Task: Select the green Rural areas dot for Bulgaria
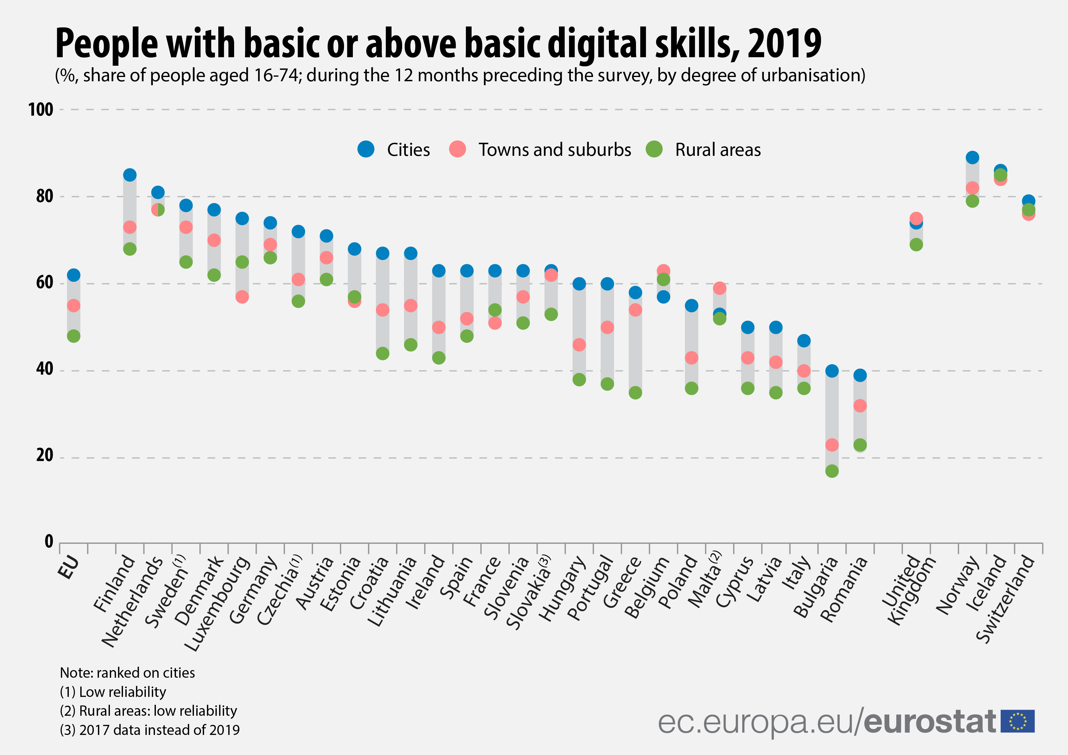[832, 471]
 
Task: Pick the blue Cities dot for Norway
[972, 158]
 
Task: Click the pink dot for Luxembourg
[242, 297]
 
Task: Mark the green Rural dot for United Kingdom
[916, 245]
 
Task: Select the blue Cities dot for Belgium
[663, 297]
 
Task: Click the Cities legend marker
[366, 149]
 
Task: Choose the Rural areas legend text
[718, 150]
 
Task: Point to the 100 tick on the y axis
[41, 110]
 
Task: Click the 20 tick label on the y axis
[45, 455]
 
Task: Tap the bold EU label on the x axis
[69, 568]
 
